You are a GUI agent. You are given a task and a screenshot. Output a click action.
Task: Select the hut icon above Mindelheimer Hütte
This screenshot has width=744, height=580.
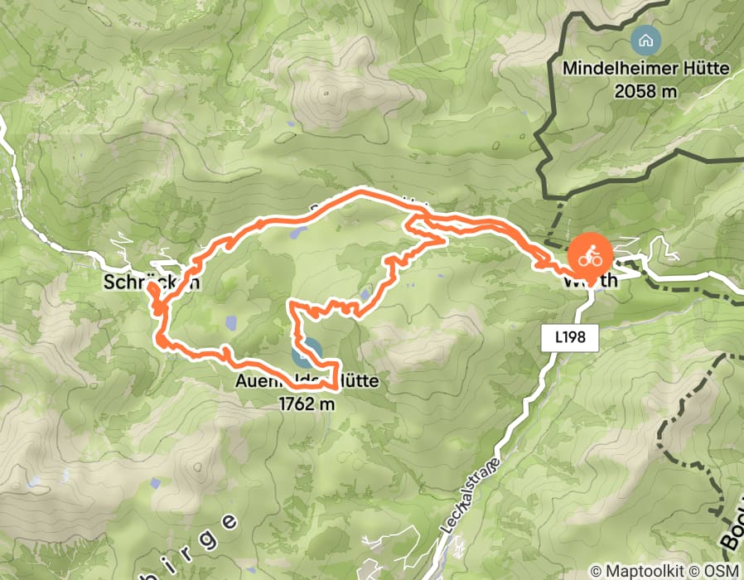645,39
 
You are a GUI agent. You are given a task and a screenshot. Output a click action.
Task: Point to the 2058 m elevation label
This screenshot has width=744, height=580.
646,91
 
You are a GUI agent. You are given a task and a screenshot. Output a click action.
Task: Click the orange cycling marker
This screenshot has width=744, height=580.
589,255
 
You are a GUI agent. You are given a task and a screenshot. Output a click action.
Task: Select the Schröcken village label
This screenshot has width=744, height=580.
152,283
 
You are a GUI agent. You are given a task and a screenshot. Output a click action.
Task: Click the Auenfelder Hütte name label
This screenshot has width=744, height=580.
307,382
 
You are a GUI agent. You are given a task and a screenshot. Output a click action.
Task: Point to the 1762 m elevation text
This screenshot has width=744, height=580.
307,404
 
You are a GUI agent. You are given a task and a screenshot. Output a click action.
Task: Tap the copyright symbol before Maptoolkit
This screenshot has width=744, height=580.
597,571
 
